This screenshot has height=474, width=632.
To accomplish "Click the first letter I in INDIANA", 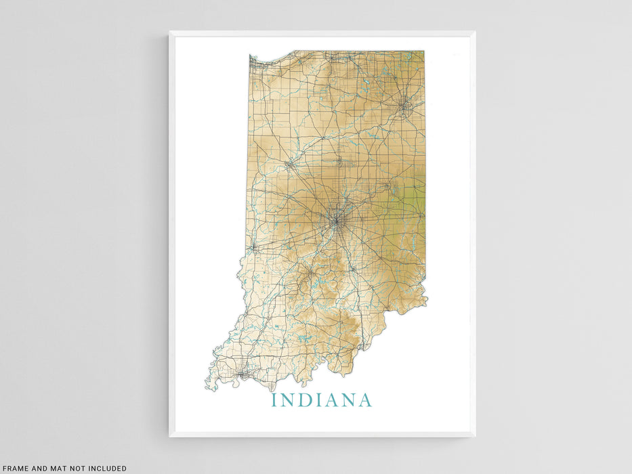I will pos(274,400).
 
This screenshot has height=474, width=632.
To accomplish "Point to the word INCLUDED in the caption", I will pos(104,468).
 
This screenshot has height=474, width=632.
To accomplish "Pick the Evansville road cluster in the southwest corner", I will pos(242,372).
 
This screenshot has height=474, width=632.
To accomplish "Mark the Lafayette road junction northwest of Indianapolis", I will pos(289,163).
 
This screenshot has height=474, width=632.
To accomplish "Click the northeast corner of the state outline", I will pos(423,51).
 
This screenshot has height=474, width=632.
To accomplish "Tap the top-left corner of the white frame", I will pos(170,32).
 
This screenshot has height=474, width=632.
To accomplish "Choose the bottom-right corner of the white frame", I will pos(474,436).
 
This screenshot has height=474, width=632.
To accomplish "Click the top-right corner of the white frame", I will pos(474,32).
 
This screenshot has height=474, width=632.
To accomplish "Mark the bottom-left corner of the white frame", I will pos(170,436).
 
